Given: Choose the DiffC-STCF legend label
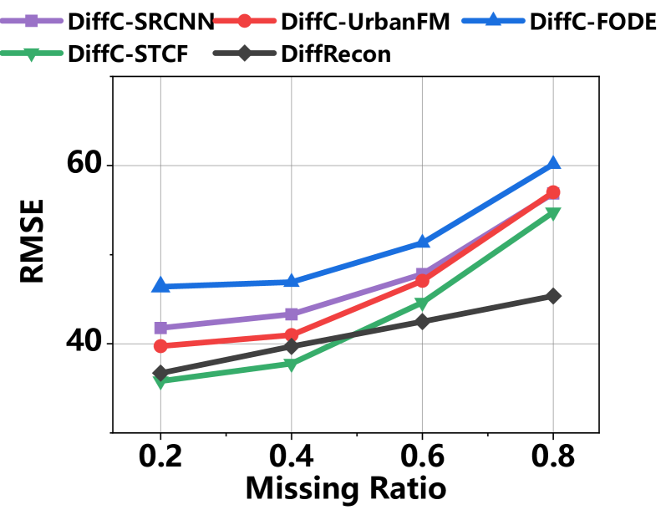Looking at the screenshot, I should click(128, 55).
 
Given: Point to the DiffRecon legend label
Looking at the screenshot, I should click(336, 55).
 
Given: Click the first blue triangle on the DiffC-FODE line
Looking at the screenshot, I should click(160, 286).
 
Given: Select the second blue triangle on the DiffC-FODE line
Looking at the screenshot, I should click(291, 281).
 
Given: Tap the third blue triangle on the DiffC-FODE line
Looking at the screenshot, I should click(422, 242).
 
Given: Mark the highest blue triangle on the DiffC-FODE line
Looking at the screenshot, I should click(552, 163).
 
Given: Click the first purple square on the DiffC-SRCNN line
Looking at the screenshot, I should click(160, 328).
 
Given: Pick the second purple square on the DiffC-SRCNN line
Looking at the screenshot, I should click(291, 314).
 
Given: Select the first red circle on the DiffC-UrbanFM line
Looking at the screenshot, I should click(160, 345).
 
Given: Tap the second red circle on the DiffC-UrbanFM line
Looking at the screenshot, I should click(291, 334).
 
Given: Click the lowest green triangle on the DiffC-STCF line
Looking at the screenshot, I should click(160, 381).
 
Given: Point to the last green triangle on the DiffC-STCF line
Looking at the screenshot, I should click(552, 214).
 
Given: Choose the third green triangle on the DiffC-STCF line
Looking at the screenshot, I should click(422, 303).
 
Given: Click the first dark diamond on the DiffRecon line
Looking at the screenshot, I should click(160, 372).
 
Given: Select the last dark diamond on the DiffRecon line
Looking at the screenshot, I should click(552, 296).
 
